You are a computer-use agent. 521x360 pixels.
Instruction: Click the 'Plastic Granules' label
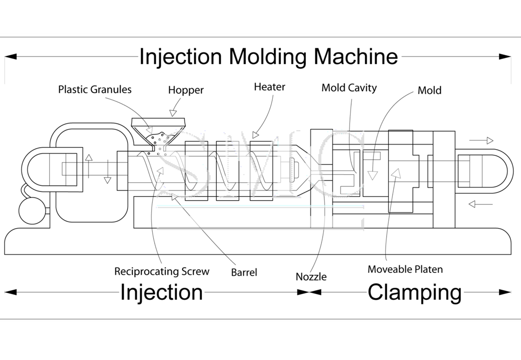coord(95,90)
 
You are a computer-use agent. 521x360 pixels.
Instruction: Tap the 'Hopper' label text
coord(186,90)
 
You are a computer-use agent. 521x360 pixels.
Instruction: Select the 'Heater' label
coord(269,87)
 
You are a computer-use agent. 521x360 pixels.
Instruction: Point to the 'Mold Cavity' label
coord(349,88)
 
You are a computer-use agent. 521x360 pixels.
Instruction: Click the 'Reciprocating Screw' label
coord(161,271)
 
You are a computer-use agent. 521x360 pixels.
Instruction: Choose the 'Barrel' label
coord(244,272)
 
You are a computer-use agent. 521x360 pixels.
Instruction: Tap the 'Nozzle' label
coord(311,277)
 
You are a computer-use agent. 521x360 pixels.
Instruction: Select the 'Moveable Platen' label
coord(405,269)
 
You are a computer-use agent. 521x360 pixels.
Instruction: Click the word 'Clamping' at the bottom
coord(414,293)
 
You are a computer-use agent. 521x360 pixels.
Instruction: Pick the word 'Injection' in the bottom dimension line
coord(161,293)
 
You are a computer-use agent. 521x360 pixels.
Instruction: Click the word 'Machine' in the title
coord(356,57)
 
